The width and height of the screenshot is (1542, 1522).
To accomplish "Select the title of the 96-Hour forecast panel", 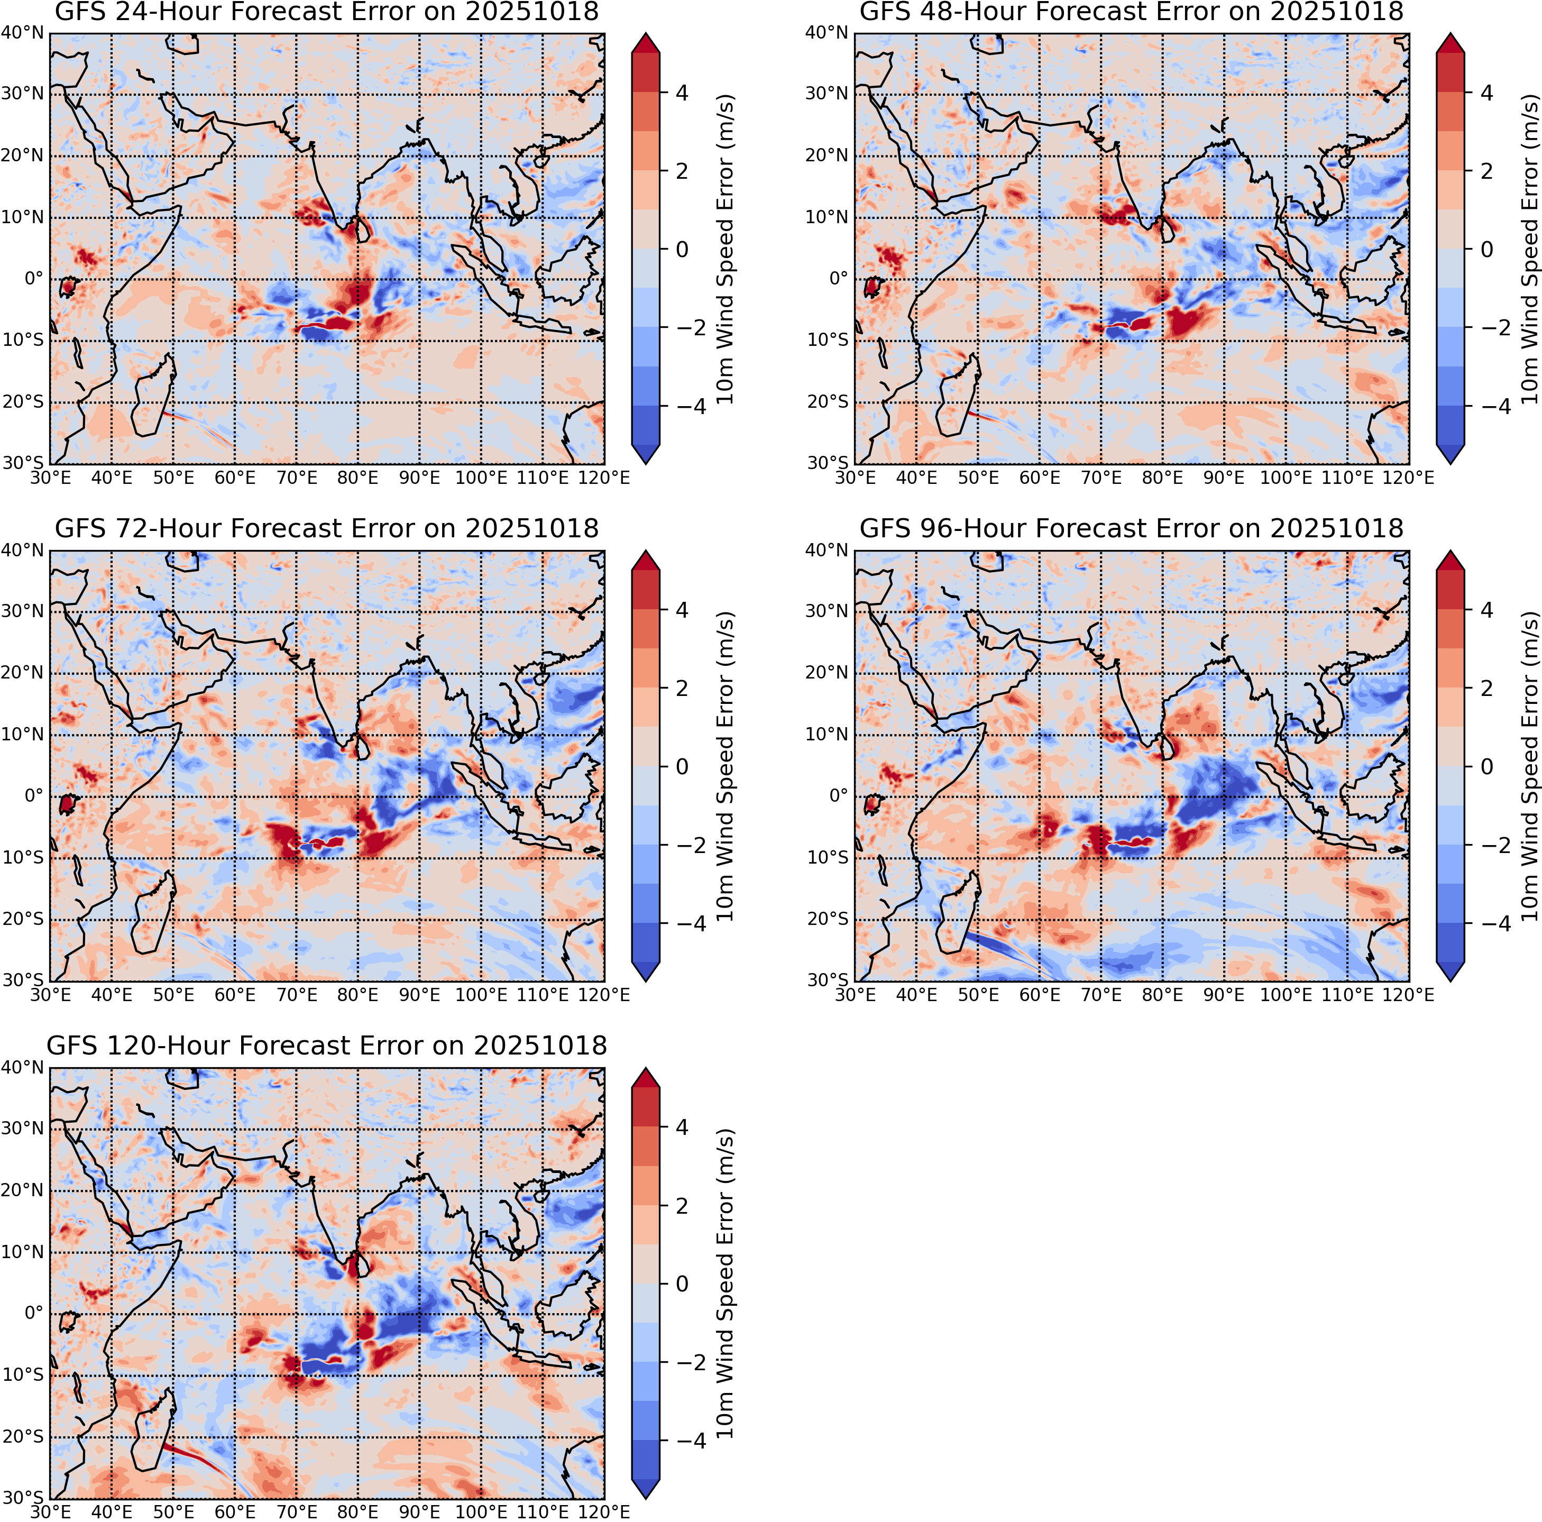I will [1131, 528].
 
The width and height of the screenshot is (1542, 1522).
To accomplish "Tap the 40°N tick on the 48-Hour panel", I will [826, 33].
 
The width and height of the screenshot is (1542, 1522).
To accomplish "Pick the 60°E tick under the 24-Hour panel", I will [235, 477].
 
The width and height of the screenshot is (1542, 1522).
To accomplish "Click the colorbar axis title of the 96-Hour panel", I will [1528, 766].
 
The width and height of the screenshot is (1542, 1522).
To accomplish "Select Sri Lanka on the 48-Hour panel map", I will [1169, 229].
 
